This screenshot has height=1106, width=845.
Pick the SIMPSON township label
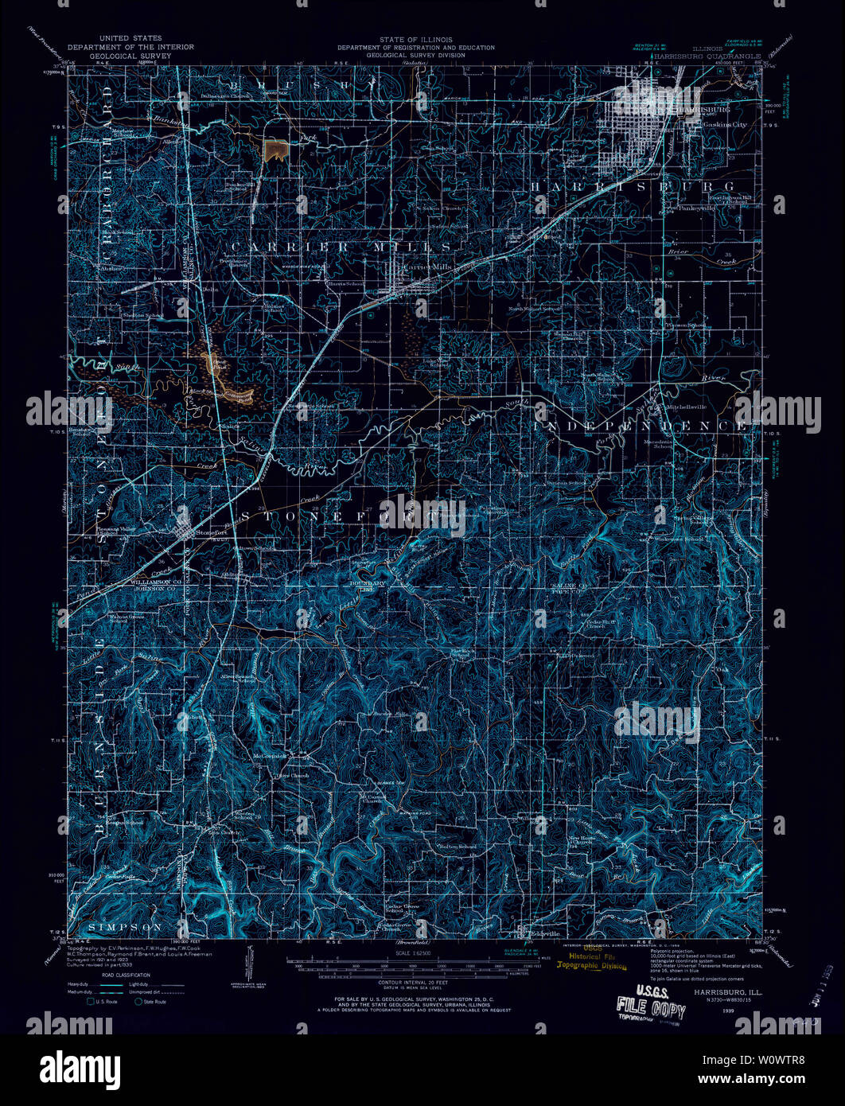pos(126,927)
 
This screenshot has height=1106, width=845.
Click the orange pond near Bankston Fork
pos(275,149)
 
